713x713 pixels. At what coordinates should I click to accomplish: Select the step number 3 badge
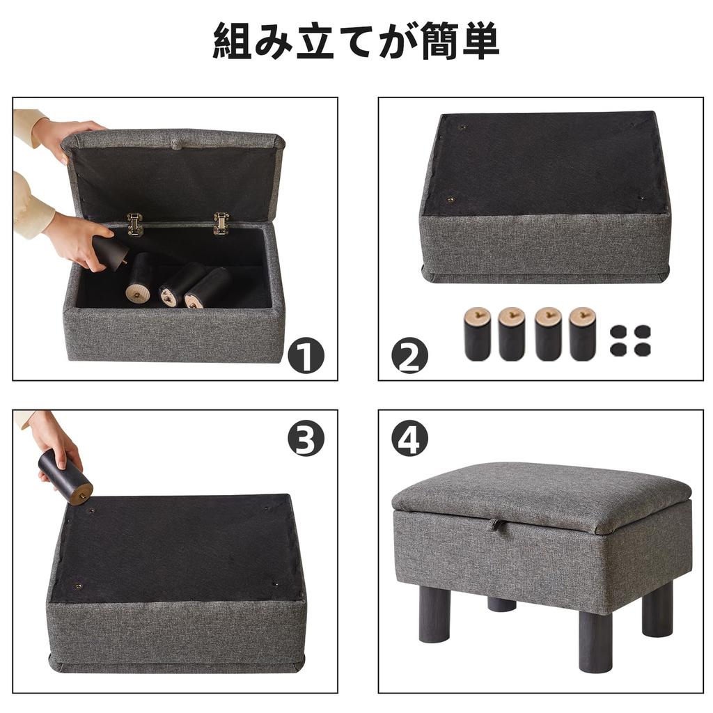pos(306,439)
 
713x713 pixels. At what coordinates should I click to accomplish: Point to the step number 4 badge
pos(409,439)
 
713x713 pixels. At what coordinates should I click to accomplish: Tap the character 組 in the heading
pos(233,41)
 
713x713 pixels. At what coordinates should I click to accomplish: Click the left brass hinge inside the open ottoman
pos(134,224)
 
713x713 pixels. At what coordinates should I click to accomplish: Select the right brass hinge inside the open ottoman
pos(221,224)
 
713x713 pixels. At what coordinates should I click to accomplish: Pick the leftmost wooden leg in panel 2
pos(478,334)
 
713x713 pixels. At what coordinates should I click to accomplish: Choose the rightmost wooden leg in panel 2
pos(583,334)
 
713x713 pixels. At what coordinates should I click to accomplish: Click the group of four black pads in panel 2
pos(629,340)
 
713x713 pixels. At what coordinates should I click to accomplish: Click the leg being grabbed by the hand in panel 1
pos(111,251)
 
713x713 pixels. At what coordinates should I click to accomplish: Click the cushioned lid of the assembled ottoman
pos(541,496)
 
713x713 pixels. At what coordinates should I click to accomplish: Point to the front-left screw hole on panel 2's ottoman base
pos(451,199)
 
